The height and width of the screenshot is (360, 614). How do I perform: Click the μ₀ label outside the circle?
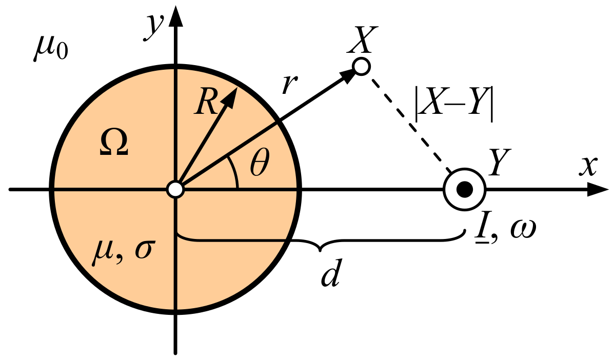[x=51, y=49]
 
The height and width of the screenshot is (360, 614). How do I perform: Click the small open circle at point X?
[x=362, y=67]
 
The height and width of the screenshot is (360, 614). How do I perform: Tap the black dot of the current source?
[x=464, y=190]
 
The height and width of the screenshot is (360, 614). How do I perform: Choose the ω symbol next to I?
[x=522, y=231]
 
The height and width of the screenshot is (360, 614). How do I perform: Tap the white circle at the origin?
[x=175, y=190]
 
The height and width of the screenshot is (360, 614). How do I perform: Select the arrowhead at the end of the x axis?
[x=598, y=190]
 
